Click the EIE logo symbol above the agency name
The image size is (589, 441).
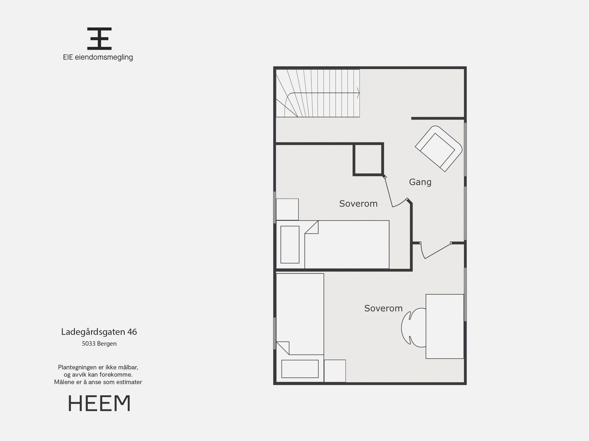click(x=99, y=38)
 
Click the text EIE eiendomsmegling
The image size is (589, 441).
click(x=98, y=57)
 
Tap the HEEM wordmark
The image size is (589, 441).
click(x=99, y=403)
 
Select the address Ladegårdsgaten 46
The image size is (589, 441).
click(x=99, y=332)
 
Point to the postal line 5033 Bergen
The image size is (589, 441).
click(x=99, y=344)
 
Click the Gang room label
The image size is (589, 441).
click(x=420, y=182)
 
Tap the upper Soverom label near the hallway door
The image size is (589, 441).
click(x=358, y=204)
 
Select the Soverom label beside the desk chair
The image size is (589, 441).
click(x=383, y=308)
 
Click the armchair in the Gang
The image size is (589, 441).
click(x=438, y=148)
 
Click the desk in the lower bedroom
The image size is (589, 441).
click(x=445, y=326)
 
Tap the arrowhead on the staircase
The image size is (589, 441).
click(x=358, y=93)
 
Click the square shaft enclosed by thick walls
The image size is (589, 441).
click(x=368, y=159)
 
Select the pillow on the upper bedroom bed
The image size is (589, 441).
click(x=290, y=245)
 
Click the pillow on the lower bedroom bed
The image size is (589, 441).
click(x=300, y=369)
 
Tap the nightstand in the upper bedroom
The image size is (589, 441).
click(x=287, y=209)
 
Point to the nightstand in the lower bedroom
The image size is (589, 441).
click(x=335, y=371)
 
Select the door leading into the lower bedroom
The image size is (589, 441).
click(x=437, y=251)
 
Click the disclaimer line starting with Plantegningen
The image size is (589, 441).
click(x=98, y=367)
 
